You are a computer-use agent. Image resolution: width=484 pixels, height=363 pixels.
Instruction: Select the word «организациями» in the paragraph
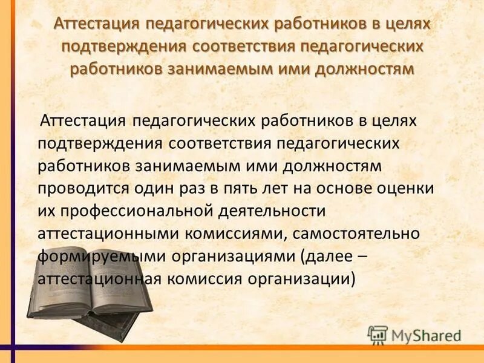pyautogui.click(x=233, y=256)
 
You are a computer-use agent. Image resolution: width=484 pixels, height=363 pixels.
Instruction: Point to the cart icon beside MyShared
pyautogui.click(x=377, y=335)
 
